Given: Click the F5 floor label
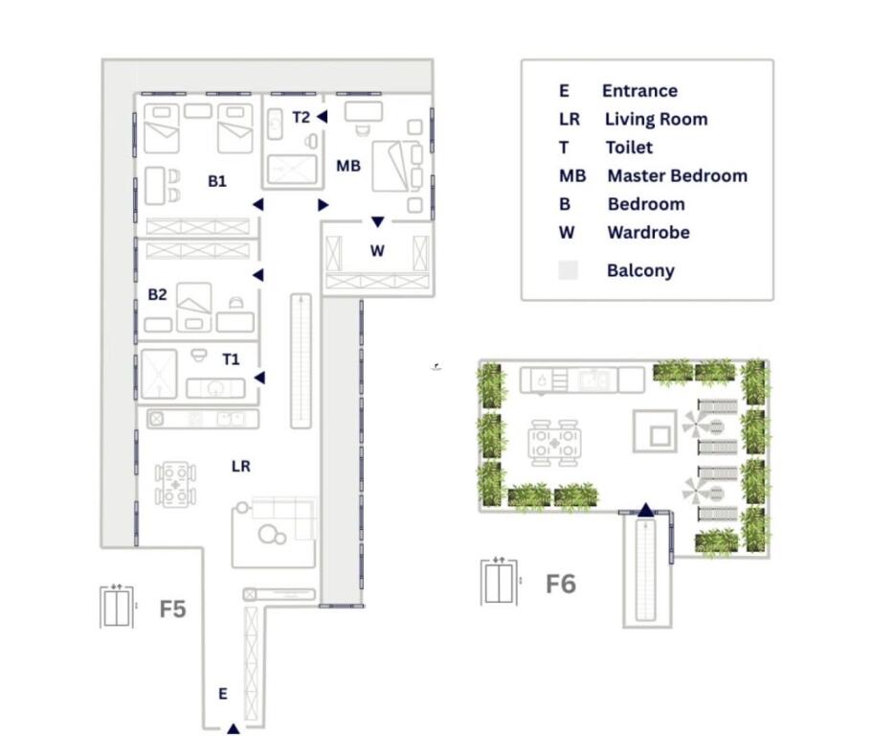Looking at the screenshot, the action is pos(172,609).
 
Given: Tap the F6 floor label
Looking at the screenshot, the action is pos(561,585).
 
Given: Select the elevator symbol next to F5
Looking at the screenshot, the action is pos(117,606).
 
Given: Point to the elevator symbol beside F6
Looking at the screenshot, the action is pos(500,581).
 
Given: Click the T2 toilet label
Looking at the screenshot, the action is pos(301,118).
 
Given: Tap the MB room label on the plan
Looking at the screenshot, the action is pos(348,166).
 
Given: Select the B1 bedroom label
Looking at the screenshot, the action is pos(217,181).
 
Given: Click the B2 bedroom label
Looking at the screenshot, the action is pos(158,294).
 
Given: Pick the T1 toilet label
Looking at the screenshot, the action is pos(231,359).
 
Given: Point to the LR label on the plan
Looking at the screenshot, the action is pos(241,466).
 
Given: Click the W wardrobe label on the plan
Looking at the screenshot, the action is pos(377,251).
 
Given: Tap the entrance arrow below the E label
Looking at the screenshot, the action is pos(234,728).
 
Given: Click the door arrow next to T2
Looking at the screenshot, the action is pos(323,117).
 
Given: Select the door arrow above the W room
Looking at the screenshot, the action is pos(378,222).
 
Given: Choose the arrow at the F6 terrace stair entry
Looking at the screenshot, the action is pos(646,510).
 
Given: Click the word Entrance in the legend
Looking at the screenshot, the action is pos(639,91).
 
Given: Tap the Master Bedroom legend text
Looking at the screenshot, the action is pos(678,175).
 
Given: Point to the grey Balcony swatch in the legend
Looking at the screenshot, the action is pos(568,270).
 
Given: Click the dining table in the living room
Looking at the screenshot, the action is pos(175,484).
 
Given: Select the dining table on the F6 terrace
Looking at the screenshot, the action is pos(554,444).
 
